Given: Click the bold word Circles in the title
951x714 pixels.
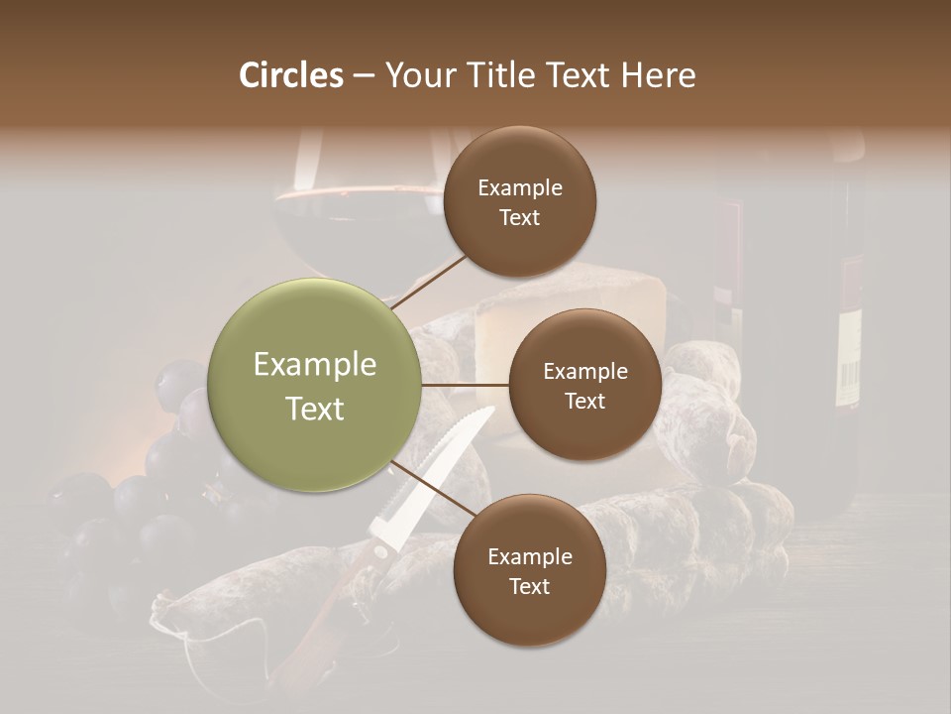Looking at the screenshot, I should (x=290, y=75).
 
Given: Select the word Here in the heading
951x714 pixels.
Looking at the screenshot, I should (x=658, y=75).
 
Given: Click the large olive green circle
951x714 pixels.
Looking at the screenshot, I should (x=314, y=385).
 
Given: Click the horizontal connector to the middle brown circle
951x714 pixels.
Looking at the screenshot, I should (x=466, y=385).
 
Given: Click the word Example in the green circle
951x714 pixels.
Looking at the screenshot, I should (x=314, y=365).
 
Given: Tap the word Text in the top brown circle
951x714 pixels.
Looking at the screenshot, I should (x=519, y=218).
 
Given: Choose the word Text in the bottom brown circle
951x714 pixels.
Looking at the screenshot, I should (x=529, y=587).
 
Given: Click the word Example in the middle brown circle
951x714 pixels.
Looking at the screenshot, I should (x=584, y=372).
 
